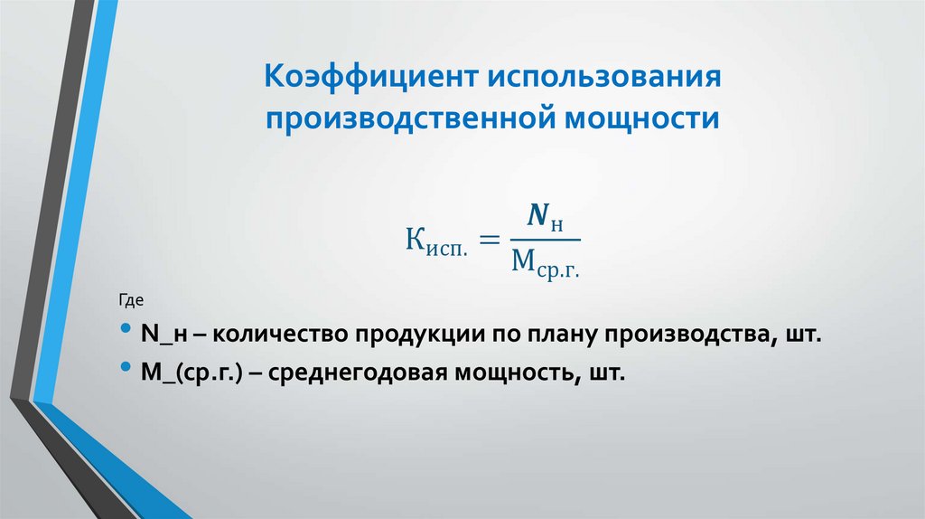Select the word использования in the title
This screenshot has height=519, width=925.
point(604,77)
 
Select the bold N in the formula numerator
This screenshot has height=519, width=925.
point(538,216)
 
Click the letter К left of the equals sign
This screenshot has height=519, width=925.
point(413,241)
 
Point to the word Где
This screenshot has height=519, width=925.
point(131,298)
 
